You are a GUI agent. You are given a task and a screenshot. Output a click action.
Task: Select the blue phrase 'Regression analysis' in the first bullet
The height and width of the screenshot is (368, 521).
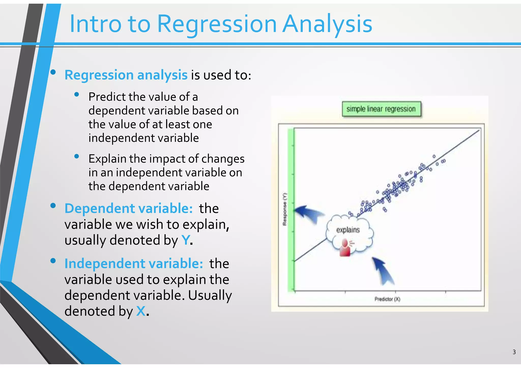point(126,75)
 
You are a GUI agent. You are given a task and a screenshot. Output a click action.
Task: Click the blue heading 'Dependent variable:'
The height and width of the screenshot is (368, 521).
point(129,208)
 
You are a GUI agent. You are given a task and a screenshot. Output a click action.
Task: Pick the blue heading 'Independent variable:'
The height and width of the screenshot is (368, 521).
point(134,263)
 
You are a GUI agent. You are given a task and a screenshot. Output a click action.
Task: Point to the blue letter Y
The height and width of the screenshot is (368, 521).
point(186,240)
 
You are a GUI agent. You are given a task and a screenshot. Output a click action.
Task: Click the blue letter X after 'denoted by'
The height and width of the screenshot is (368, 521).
point(141,311)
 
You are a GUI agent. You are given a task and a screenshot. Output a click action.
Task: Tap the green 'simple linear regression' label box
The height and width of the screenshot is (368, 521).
point(381,109)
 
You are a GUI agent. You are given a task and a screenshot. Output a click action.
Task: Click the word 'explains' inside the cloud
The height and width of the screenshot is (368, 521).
point(348,230)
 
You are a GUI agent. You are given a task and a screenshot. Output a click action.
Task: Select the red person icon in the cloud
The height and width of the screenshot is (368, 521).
point(345,248)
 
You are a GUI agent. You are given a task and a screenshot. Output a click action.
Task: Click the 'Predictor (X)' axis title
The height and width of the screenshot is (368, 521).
point(387,299)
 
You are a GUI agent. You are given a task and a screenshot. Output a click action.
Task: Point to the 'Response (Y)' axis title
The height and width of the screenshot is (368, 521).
point(285,209)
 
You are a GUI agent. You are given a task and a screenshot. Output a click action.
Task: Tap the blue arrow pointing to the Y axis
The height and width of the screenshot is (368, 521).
point(308,213)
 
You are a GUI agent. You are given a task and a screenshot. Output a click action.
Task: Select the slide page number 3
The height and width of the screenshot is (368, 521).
point(514,352)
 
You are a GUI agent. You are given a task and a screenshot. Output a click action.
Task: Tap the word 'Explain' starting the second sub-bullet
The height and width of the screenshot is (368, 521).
point(107,159)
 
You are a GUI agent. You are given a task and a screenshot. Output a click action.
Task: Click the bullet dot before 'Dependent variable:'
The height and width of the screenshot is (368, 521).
point(53,206)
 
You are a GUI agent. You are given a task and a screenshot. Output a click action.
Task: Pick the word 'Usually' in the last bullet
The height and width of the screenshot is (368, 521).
point(210,295)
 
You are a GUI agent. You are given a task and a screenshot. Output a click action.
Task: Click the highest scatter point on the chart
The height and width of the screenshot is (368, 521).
point(434,156)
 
